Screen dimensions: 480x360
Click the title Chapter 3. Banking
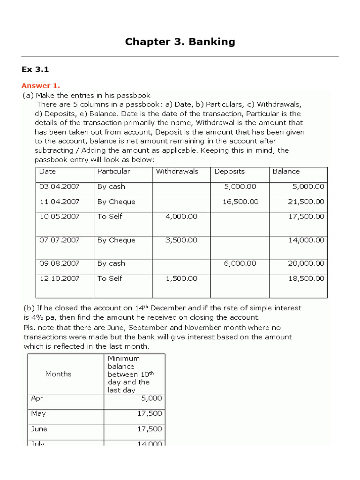pyautogui.click(x=180, y=42)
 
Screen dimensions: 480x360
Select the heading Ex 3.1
pyautogui.click(x=35, y=69)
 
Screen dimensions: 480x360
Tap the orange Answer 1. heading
pyautogui.click(x=41, y=85)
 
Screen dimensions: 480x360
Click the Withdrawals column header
pyautogui.click(x=177, y=172)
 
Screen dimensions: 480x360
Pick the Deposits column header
pyautogui.click(x=230, y=172)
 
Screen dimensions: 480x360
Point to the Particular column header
pyautogui.click(x=114, y=172)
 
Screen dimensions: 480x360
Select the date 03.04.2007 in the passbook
pyautogui.click(x=60, y=187)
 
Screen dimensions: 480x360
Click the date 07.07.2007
pyautogui.click(x=60, y=240)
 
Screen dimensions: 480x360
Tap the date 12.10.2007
pyautogui.click(x=60, y=278)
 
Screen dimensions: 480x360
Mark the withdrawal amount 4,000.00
pyautogui.click(x=181, y=217)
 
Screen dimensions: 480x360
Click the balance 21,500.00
pyautogui.click(x=306, y=202)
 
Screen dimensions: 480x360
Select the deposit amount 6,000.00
pyautogui.click(x=240, y=263)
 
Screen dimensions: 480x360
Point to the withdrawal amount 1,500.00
pyautogui.click(x=181, y=278)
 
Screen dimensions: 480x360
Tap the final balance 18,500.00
pyautogui.click(x=306, y=278)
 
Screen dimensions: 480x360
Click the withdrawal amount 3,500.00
pyautogui.click(x=181, y=240)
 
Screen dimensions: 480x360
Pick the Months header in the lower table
pyautogui.click(x=59, y=374)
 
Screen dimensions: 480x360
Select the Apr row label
pyautogui.click(x=37, y=398)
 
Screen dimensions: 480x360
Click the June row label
pyautogui.click(x=39, y=429)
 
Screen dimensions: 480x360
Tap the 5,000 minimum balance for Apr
pyautogui.click(x=151, y=398)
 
